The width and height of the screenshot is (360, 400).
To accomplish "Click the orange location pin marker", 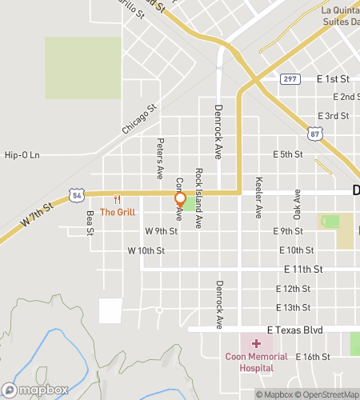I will tap(181, 198).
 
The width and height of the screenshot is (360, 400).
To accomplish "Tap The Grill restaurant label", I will tap(118, 212).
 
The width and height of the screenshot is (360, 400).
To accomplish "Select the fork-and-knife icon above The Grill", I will tap(118, 199).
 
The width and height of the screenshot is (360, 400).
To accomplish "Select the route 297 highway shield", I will tap(290, 79).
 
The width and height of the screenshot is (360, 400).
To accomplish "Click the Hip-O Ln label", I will tap(22, 155).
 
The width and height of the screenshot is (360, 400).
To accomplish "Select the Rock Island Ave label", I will tap(198, 187).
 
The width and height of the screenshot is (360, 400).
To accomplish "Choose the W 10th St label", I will tap(146, 250).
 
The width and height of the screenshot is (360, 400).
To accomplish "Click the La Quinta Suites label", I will tap(339, 15).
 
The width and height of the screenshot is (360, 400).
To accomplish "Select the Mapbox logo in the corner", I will tap(34, 390).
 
